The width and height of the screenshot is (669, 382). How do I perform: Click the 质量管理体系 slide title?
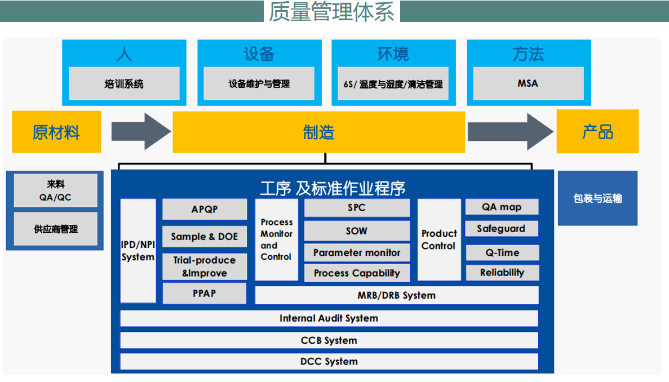tap(331, 11)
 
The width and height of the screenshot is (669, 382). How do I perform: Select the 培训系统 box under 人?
tap(124, 83)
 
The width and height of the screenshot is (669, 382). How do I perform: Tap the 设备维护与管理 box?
tap(259, 83)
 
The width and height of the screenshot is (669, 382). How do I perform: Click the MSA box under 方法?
tap(528, 83)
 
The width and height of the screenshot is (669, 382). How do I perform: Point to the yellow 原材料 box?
tap(56, 132)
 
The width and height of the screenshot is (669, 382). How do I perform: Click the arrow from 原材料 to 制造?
tap(141, 131)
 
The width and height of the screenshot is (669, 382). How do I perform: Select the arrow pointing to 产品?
tap(511, 131)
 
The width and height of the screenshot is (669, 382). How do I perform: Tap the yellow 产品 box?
tap(598, 131)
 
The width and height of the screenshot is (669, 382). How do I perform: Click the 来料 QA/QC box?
tap(55, 190)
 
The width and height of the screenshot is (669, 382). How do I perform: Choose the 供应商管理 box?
tap(55, 229)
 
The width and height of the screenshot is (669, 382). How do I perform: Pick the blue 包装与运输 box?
tap(598, 198)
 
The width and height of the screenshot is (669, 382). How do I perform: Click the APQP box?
tap(205, 210)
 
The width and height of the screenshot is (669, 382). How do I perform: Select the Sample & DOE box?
tap(205, 237)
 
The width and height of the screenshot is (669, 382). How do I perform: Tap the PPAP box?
tap(205, 294)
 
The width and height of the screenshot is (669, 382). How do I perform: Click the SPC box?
tap(357, 208)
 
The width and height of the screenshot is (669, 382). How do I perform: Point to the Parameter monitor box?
tap(357, 252)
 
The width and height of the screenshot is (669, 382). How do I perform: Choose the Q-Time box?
tap(502, 252)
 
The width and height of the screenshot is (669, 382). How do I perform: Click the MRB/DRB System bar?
tap(396, 295)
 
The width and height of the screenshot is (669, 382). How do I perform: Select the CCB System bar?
tap(329, 340)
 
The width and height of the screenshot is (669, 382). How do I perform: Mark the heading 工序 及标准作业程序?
tap(333, 188)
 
